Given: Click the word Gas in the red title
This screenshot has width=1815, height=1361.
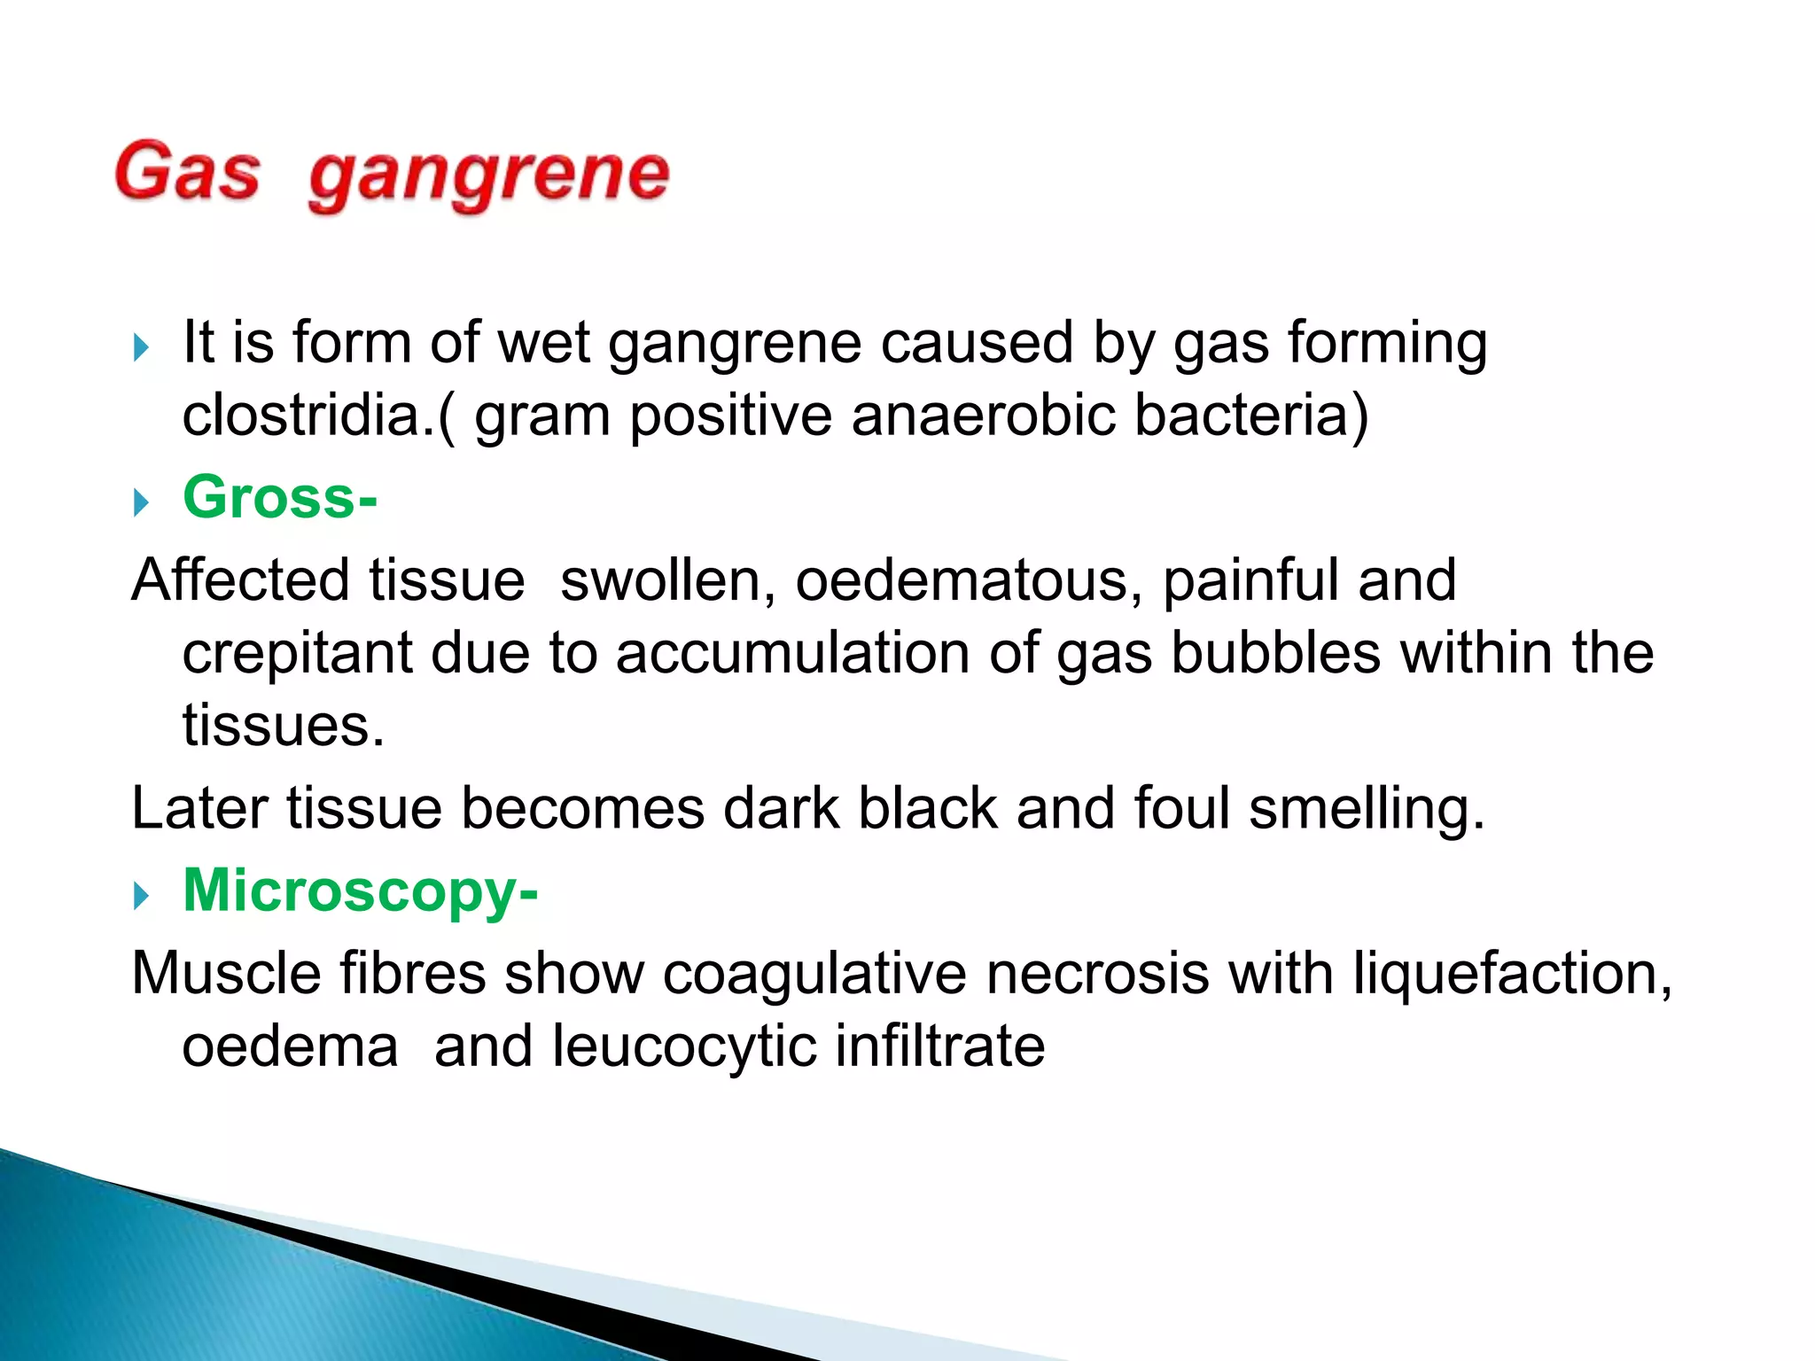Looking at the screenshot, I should point(187,172).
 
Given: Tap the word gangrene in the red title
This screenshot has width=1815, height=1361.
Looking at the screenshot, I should point(488,175).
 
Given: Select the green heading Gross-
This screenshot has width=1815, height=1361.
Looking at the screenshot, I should point(280,497).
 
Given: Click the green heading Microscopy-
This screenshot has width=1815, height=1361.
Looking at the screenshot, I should point(360,890).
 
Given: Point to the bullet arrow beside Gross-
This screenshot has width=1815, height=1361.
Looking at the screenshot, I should point(141,502).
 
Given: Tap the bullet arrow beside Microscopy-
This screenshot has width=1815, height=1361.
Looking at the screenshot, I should point(141,896).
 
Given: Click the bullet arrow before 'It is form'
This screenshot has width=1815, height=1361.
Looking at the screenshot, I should point(141,346).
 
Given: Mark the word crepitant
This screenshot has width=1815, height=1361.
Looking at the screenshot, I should point(297,654).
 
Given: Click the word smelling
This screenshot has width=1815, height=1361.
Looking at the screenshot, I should point(1365,810).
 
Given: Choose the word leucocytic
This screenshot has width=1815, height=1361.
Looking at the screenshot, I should point(683,1046).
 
